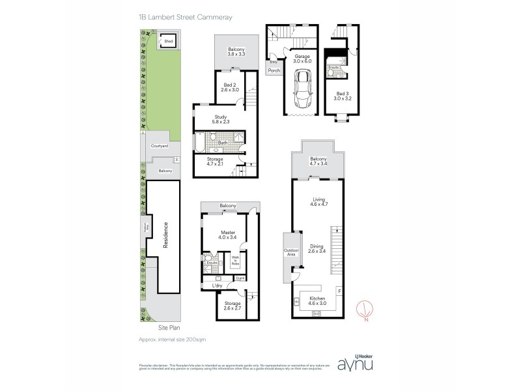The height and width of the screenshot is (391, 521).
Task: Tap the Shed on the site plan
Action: click(169, 41)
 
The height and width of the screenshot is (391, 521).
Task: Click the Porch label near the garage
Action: click(274, 71)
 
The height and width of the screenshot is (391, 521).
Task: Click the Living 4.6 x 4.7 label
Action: click(318, 204)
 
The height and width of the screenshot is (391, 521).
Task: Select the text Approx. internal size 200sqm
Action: click(173, 340)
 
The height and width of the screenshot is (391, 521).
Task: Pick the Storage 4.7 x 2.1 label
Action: click(215, 162)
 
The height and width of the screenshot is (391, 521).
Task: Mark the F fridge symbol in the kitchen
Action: click(338, 290)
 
